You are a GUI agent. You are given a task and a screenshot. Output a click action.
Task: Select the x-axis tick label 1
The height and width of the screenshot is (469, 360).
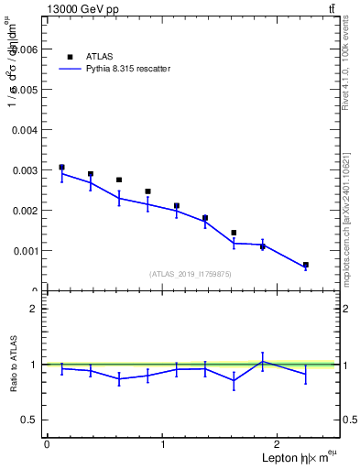(x=162, y=444)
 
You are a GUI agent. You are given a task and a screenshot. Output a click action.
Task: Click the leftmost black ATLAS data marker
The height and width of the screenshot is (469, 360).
(x=61, y=168)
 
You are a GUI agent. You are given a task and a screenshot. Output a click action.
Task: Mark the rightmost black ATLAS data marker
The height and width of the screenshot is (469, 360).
(x=305, y=265)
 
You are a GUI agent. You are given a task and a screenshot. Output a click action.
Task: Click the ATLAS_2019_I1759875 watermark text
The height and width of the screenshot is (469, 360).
(x=190, y=273)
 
